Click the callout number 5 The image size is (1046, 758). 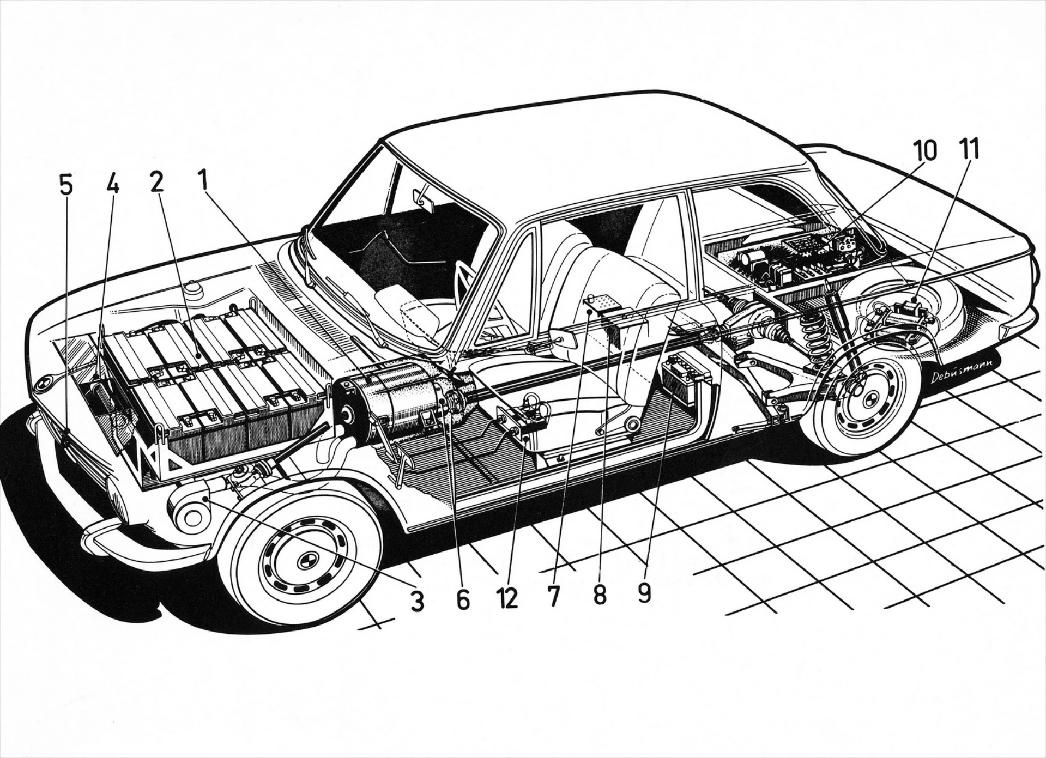click(65, 186)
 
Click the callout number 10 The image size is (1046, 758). click(926, 150)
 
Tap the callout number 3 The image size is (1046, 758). click(417, 602)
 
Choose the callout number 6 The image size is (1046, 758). click(462, 599)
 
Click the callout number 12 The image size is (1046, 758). click(507, 598)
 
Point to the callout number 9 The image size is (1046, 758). click(644, 593)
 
